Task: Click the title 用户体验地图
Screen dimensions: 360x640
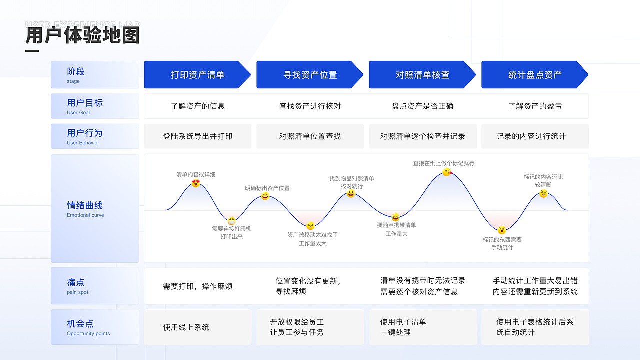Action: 83,36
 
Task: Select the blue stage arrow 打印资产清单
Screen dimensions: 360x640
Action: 197,75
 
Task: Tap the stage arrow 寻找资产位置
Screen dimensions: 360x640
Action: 309,75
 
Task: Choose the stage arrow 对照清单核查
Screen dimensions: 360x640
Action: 422,75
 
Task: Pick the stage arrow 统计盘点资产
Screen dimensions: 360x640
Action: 534,75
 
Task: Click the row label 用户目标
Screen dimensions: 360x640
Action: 85,103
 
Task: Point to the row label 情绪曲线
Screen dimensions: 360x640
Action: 85,205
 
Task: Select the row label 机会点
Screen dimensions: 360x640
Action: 80,324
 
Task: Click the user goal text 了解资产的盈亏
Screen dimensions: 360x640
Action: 535,106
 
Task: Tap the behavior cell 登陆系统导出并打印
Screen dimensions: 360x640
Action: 197,136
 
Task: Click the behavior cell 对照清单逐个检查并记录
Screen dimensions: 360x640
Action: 422,136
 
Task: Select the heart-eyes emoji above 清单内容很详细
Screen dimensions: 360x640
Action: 196,183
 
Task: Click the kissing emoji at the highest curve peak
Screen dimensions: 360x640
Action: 447,172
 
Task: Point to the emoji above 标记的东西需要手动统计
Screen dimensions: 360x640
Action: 502,230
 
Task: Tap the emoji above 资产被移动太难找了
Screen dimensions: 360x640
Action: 310,226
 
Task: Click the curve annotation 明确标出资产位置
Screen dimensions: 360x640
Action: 267,188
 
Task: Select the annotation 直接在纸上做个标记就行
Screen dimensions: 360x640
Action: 443,163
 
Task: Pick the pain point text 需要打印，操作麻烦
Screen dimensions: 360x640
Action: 197,286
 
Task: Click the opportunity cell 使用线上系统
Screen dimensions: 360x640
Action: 186,327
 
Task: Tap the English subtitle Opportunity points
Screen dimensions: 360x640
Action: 88,333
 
